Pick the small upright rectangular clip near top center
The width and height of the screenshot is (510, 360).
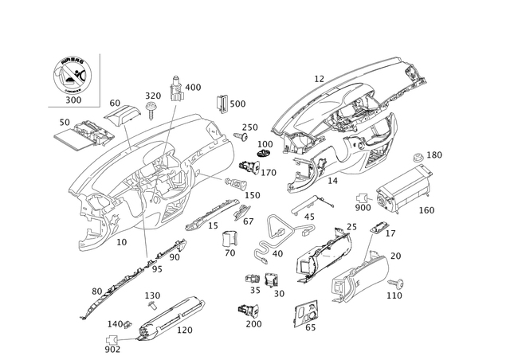pyautogui.click(x=223, y=104)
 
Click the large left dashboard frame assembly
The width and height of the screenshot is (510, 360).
pyautogui.click(x=151, y=175)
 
